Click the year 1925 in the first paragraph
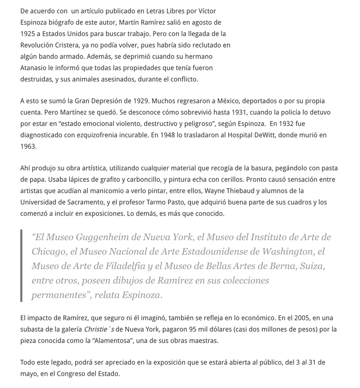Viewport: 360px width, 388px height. [28, 34]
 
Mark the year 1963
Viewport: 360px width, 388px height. [28, 146]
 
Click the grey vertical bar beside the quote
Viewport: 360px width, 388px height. [21, 266]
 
